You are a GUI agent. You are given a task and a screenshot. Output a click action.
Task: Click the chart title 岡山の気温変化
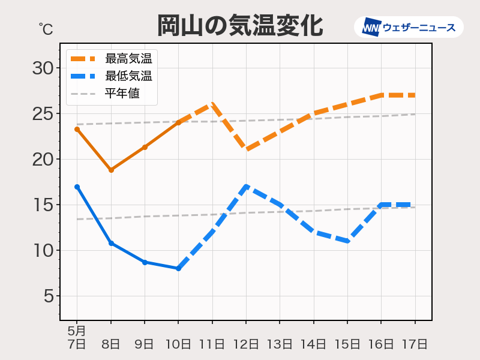(240, 26)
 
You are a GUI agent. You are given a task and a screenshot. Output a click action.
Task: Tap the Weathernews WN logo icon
(372, 28)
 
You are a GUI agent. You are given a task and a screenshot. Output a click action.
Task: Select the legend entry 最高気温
(128, 59)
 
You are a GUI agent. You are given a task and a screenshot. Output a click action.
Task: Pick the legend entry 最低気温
(128, 76)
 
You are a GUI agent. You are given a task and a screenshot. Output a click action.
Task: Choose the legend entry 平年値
(122, 94)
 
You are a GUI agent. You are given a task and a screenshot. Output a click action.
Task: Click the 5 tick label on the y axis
(49, 296)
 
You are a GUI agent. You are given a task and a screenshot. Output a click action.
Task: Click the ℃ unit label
(46, 28)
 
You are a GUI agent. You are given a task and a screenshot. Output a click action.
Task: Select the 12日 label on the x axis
(247, 344)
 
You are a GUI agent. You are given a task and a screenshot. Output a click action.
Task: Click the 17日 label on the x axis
(415, 344)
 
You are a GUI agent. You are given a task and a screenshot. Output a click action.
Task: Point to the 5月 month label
(76, 331)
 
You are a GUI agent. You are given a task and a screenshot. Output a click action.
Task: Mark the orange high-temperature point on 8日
(111, 170)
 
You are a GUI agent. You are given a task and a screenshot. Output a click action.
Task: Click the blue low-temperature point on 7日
(77, 187)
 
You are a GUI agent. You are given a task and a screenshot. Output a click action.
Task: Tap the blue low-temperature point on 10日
(178, 268)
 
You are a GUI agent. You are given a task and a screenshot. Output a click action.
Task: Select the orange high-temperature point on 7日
(77, 129)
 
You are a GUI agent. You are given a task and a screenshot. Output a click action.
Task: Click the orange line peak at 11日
(212, 104)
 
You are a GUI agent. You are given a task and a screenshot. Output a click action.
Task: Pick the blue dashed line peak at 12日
(246, 187)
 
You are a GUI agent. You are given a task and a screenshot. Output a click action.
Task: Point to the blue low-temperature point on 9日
(145, 262)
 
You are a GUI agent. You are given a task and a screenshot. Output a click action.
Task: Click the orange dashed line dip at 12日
(246, 149)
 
